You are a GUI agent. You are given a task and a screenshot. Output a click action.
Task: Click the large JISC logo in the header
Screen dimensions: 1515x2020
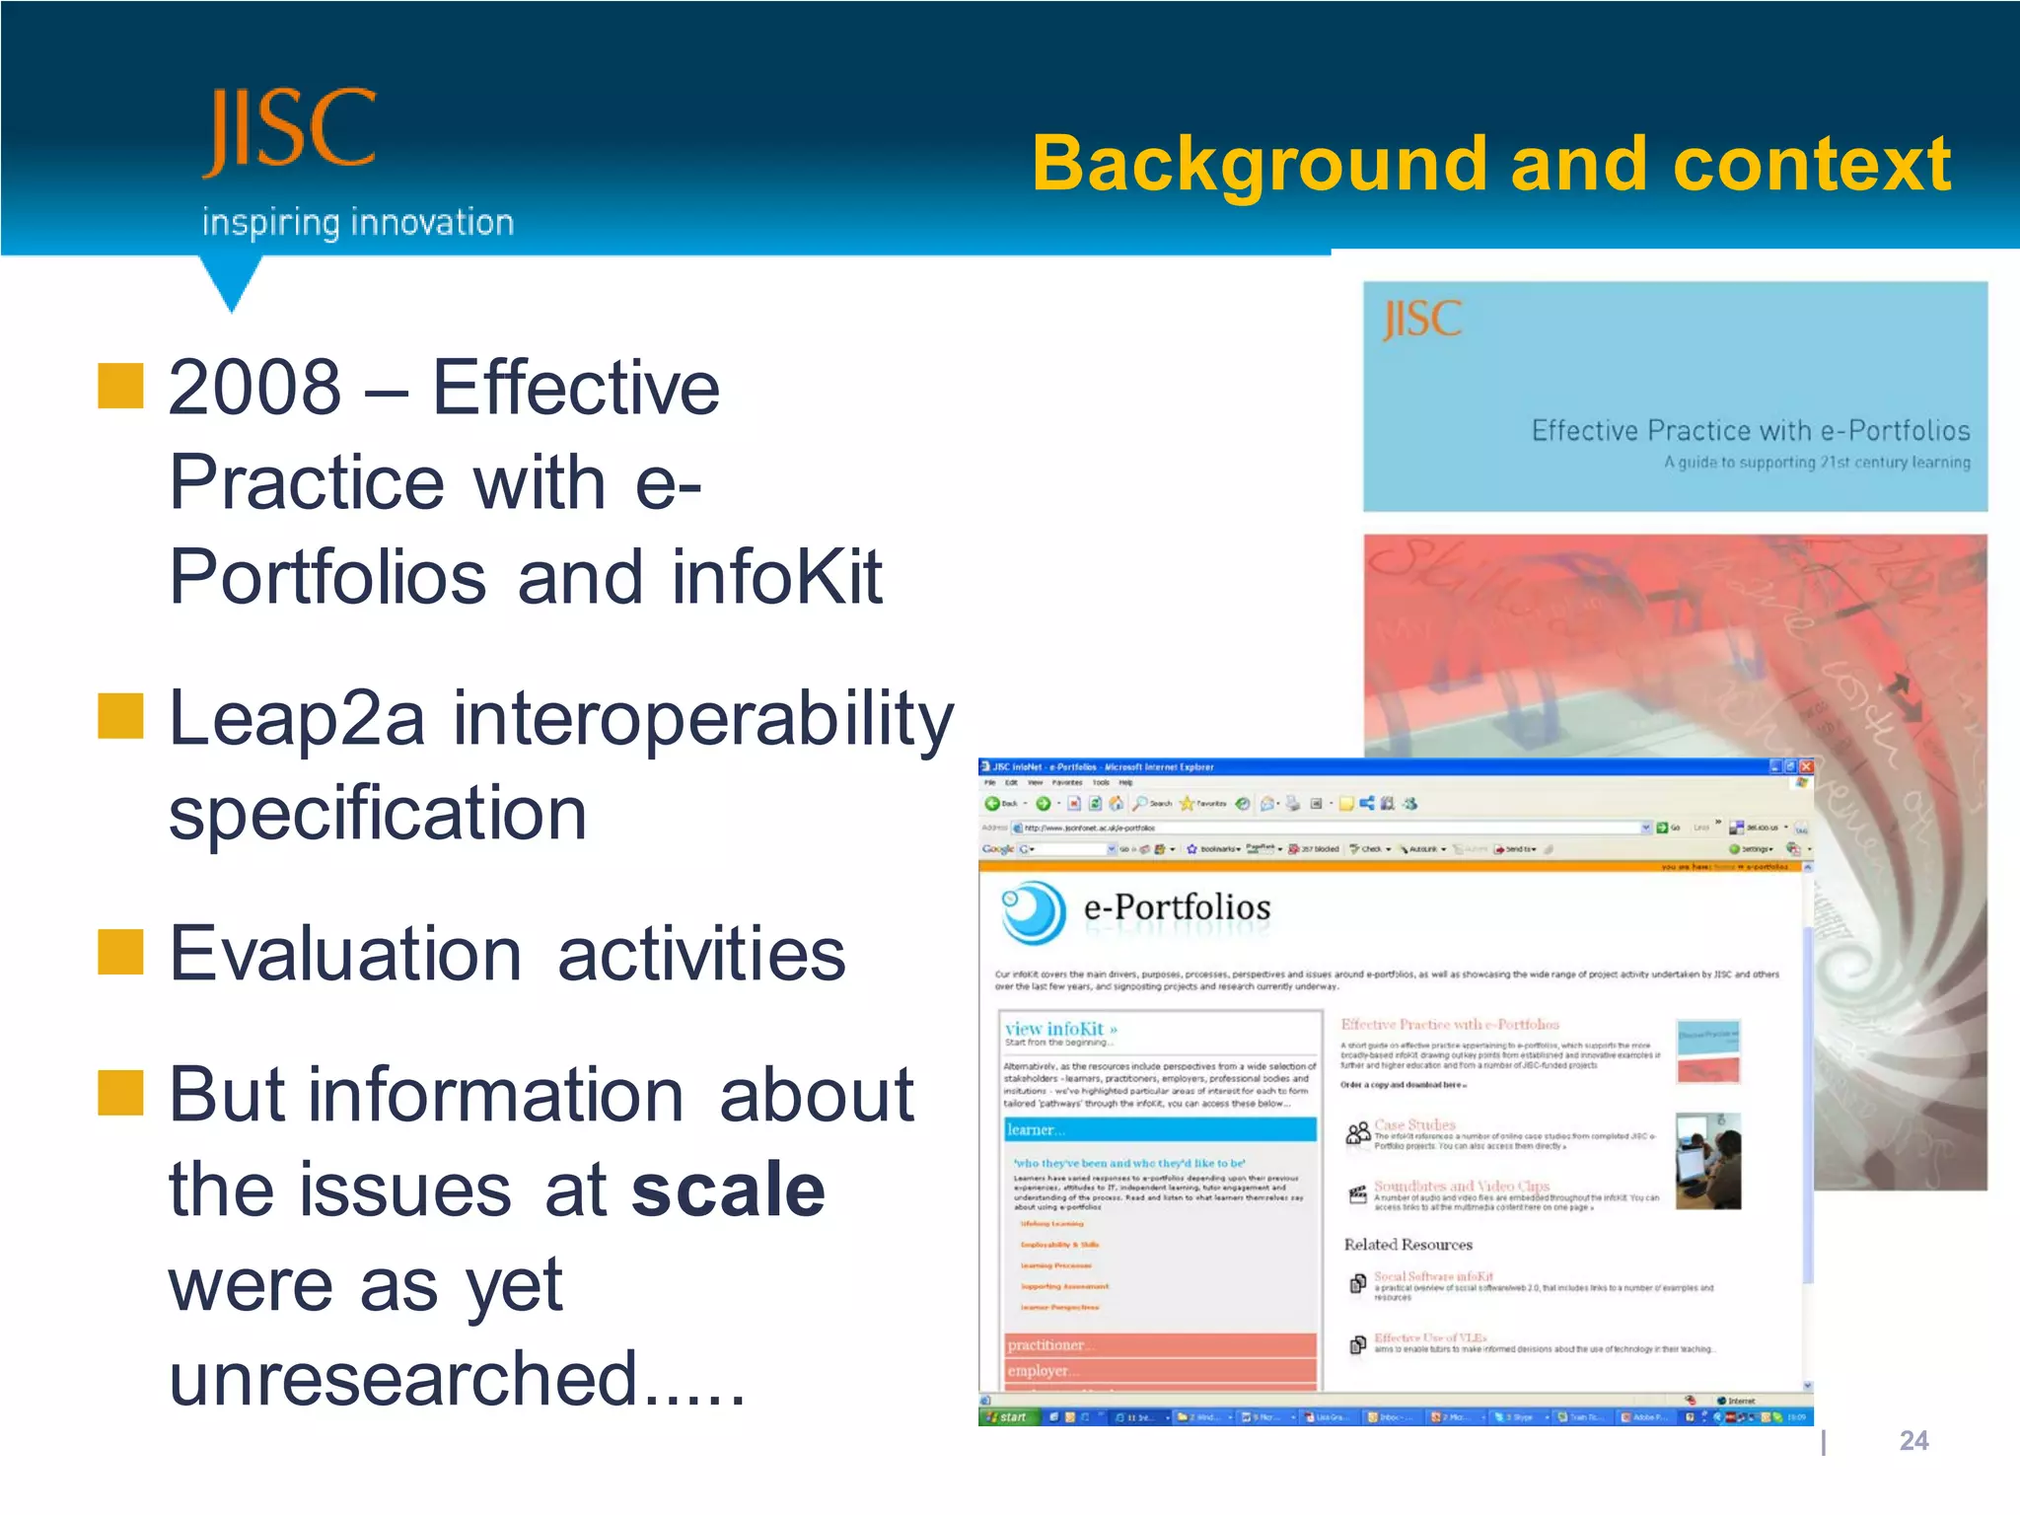289,131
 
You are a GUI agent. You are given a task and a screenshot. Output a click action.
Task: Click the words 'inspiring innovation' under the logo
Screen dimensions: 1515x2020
357,223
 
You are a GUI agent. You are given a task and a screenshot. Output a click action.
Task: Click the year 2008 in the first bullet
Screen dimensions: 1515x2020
254,388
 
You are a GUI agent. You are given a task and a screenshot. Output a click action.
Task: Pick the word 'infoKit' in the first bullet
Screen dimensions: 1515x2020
776,577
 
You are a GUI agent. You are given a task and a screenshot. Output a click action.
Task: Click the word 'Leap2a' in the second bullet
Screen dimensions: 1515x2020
296,718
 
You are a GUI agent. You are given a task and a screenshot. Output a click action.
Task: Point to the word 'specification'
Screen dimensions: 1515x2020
378,814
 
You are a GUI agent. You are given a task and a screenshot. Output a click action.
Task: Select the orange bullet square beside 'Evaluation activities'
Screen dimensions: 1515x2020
120,952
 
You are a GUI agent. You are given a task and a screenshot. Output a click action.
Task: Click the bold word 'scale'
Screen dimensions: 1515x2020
728,1190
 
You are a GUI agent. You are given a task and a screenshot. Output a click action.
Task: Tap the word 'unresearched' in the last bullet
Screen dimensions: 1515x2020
402,1379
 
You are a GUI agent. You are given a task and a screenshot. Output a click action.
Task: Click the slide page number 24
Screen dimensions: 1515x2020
1912,1441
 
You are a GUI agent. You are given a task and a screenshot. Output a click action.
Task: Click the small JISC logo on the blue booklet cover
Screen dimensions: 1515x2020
1421,320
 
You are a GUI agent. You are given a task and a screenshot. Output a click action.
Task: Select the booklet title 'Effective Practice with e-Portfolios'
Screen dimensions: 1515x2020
1750,431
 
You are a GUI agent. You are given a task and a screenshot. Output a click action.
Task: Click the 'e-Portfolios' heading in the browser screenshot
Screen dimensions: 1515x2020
1177,907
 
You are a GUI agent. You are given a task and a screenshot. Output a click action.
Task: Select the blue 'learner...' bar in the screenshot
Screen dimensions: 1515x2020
1160,1130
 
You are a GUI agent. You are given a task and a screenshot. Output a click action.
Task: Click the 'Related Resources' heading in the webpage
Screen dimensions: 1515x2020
1407,1245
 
